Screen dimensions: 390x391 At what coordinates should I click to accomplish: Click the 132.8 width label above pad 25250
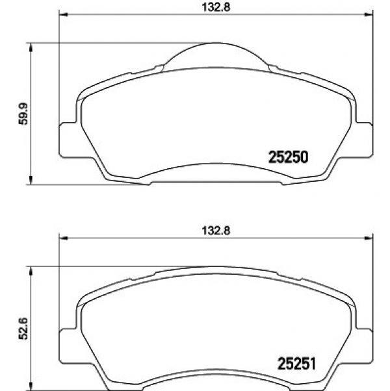216,7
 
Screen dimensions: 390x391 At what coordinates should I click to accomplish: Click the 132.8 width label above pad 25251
216,231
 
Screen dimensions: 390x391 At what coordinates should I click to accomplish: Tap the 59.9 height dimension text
23,114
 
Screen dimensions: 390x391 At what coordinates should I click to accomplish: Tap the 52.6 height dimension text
23,329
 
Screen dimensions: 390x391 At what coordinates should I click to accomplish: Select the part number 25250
288,157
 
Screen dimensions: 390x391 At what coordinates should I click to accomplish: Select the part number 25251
296,364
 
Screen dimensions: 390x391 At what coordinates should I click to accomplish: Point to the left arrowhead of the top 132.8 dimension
64,14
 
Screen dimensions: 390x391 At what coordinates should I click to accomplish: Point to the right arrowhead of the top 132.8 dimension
369,14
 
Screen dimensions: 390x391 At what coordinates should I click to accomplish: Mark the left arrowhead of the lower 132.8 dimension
64,238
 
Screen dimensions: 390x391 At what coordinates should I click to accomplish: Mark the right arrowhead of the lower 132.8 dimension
369,238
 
